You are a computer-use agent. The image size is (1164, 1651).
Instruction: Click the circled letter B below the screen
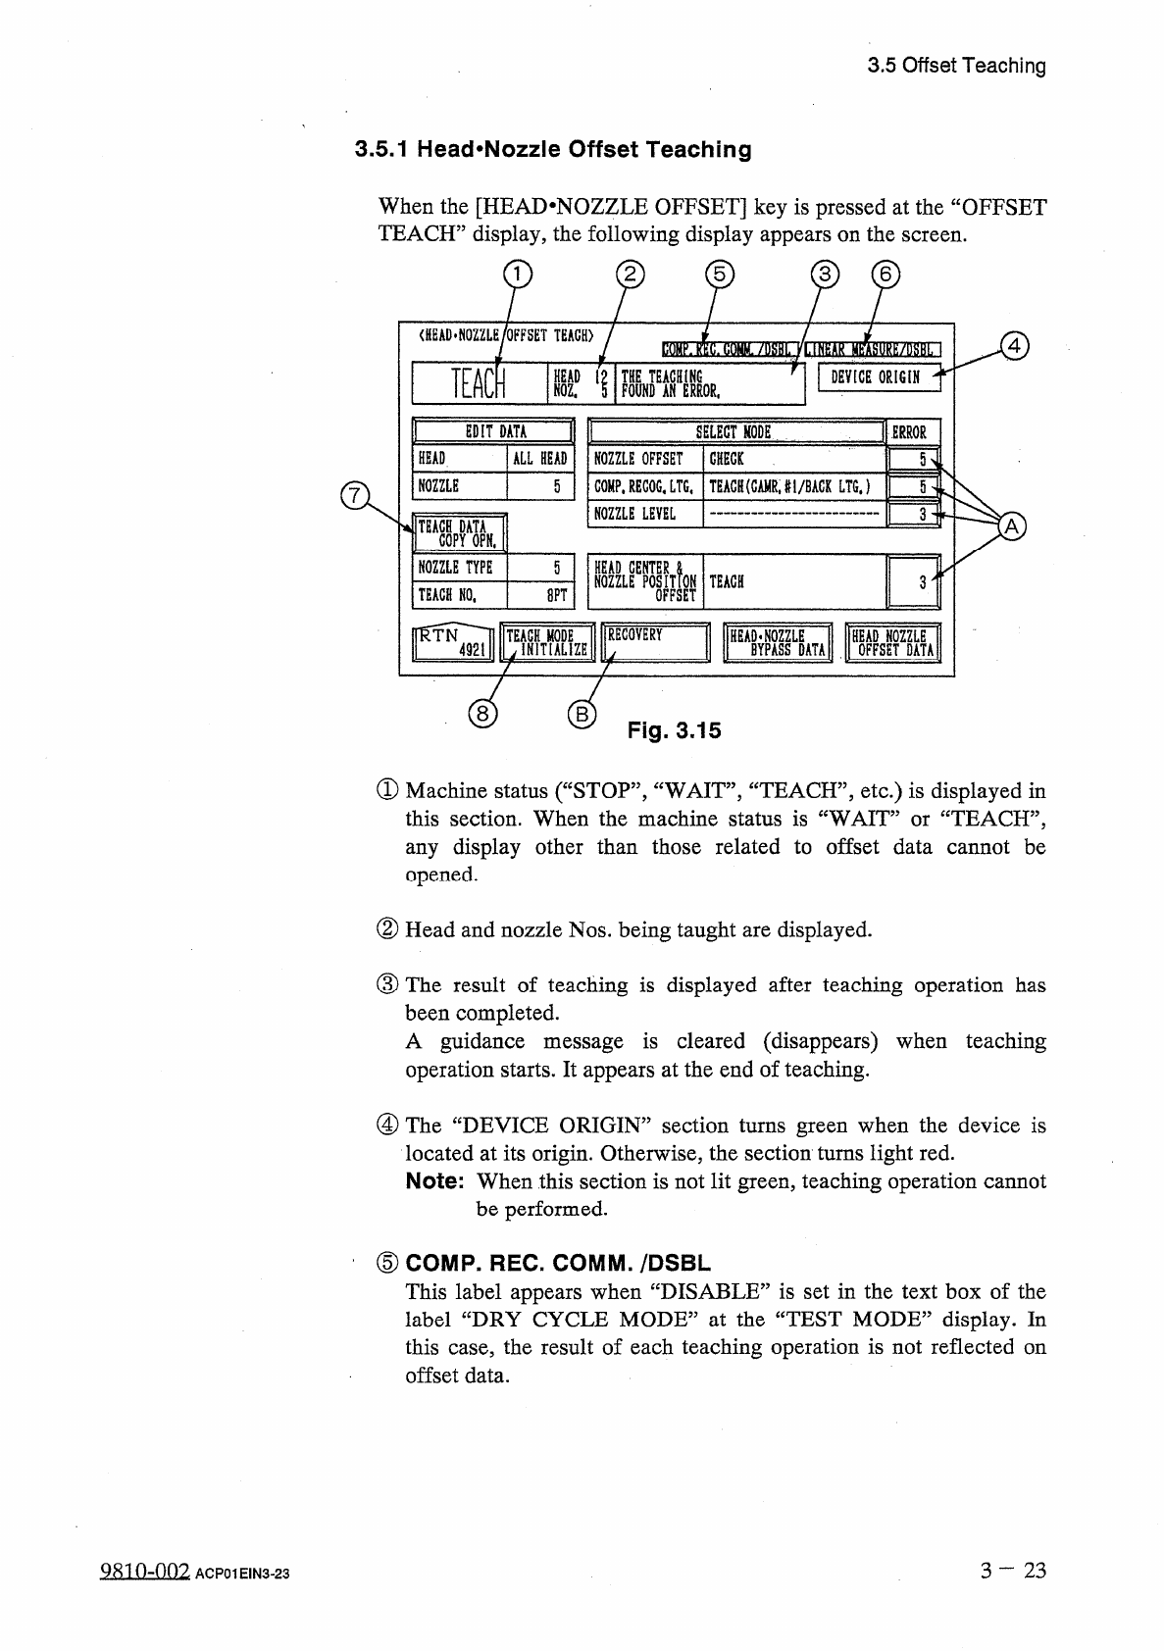(x=581, y=714)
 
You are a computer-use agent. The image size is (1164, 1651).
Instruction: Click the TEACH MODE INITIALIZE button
(x=546, y=642)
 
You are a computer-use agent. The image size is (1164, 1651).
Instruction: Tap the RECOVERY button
(x=654, y=642)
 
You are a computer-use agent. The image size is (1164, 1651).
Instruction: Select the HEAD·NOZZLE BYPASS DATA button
(x=778, y=642)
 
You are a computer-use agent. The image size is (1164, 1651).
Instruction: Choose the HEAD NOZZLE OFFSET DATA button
(x=892, y=642)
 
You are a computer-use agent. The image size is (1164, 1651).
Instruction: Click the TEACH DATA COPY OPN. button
(x=459, y=533)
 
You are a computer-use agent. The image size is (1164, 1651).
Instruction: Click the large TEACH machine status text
(x=478, y=383)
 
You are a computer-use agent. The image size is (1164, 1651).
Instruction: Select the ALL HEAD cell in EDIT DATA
(x=540, y=459)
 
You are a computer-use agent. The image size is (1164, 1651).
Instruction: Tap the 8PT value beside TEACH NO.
(x=540, y=595)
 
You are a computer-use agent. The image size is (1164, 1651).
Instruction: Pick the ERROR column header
(x=911, y=432)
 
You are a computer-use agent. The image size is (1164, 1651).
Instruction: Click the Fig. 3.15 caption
(x=674, y=730)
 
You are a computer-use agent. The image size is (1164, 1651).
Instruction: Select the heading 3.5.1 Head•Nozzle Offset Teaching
(x=553, y=150)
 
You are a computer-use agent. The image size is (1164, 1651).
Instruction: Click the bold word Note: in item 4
(x=434, y=1181)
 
